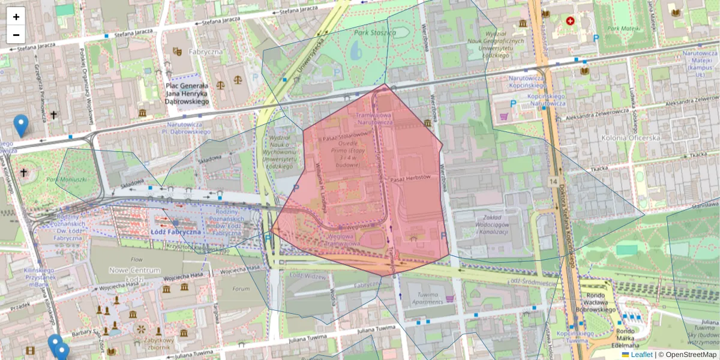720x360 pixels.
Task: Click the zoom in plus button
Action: click(16, 17)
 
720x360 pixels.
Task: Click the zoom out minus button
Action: click(16, 35)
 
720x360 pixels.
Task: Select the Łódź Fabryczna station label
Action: click(176, 232)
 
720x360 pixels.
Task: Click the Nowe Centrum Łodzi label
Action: click(134, 275)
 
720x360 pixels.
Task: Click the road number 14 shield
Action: click(552, 181)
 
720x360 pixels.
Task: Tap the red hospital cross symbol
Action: click(569, 21)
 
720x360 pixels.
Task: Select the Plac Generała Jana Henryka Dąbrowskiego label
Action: click(186, 94)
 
